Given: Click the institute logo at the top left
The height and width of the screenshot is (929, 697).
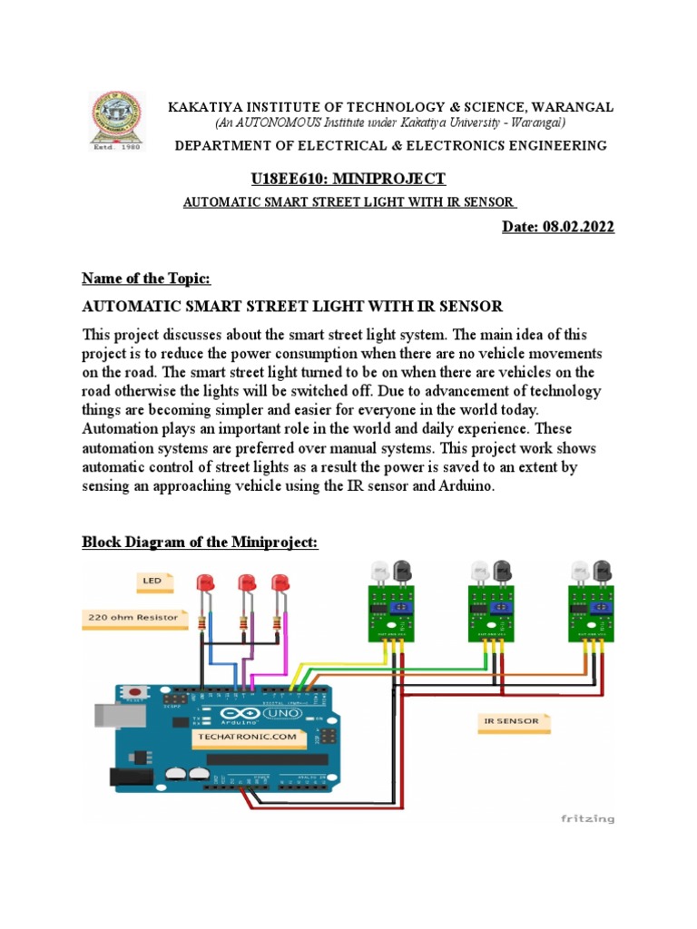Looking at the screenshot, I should pos(116,123).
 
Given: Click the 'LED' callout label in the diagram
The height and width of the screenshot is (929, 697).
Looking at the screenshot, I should pos(152,578).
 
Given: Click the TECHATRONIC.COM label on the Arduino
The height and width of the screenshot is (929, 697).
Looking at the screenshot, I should pos(245,738).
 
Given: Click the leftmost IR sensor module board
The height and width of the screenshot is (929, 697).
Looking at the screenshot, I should pos(390,612).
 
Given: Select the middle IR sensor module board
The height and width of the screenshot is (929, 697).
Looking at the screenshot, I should pos(491,612).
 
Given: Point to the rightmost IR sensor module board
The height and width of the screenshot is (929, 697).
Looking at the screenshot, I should pos(591,612).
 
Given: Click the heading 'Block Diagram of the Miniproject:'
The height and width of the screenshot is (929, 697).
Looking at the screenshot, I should pos(201,543).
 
